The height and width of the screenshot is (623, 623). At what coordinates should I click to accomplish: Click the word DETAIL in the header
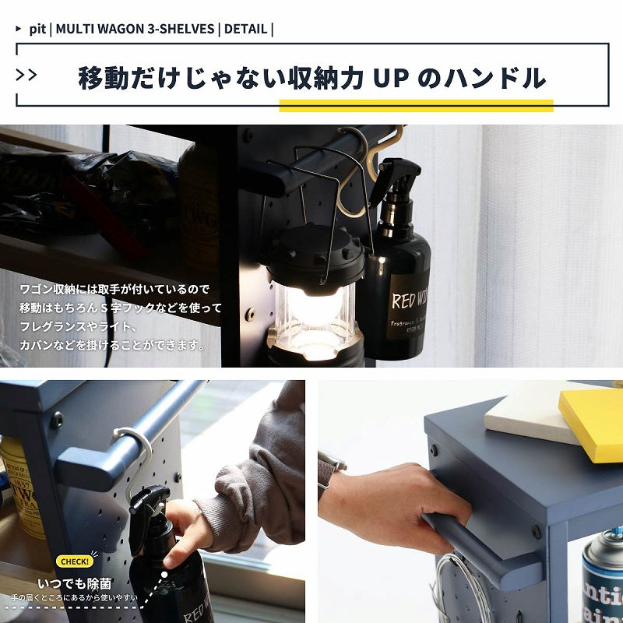click(x=245, y=30)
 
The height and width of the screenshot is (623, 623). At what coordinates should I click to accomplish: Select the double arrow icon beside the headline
click(x=26, y=75)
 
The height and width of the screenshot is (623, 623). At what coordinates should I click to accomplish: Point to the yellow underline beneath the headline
click(x=416, y=106)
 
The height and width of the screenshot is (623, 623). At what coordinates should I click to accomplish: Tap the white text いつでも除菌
click(x=76, y=583)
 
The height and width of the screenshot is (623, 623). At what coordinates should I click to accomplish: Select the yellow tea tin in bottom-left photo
click(x=21, y=487)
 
